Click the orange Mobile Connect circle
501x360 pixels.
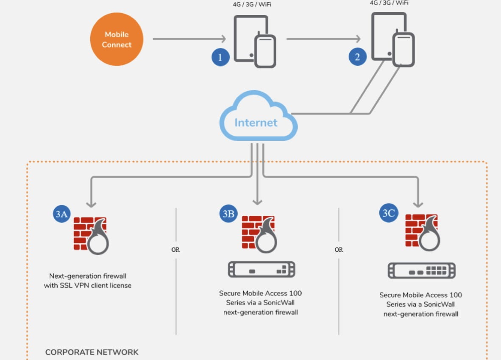point(117,39)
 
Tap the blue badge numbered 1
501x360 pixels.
point(220,57)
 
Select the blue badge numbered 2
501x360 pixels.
point(357,57)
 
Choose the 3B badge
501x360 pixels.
point(228,214)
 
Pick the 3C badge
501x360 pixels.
point(388,213)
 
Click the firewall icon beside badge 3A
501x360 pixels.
point(91,235)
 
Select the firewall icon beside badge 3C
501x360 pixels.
point(422,232)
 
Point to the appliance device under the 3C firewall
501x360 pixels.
point(421,270)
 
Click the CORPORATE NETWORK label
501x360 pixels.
point(92,352)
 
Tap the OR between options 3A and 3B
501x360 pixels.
point(175,250)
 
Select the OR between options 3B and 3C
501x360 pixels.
point(339,250)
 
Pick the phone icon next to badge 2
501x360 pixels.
point(403,50)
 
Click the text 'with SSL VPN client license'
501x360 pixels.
point(88,285)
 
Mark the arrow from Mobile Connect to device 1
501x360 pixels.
point(189,39)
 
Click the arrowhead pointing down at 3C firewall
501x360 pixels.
point(418,203)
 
